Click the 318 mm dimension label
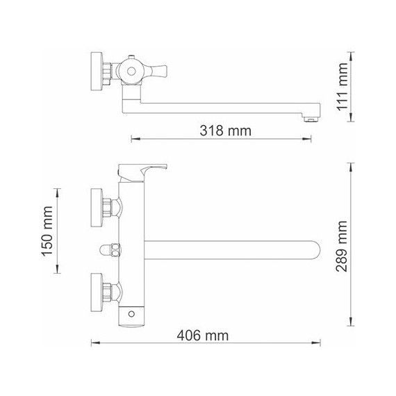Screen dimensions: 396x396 coord(224,131)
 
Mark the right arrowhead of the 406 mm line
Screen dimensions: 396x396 coord(322,343)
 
